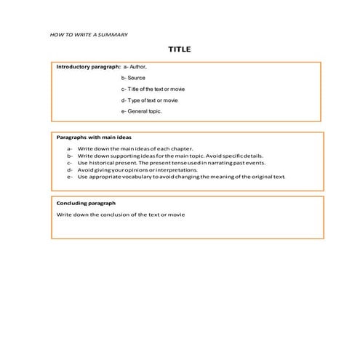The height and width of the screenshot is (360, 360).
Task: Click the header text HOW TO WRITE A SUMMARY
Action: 89,34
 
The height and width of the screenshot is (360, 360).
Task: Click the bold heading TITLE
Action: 180,49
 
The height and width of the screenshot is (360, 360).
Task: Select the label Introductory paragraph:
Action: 88,66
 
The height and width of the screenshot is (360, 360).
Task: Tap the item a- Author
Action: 135,66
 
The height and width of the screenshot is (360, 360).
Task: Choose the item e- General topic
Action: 143,111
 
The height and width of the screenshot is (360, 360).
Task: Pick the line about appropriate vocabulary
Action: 182,177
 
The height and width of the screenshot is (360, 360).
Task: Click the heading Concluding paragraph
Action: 86,203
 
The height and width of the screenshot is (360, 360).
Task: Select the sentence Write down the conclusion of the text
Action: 121,215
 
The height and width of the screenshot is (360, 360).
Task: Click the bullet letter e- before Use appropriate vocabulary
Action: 70,177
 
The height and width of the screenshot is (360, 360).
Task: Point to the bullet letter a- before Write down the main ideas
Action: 70,148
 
